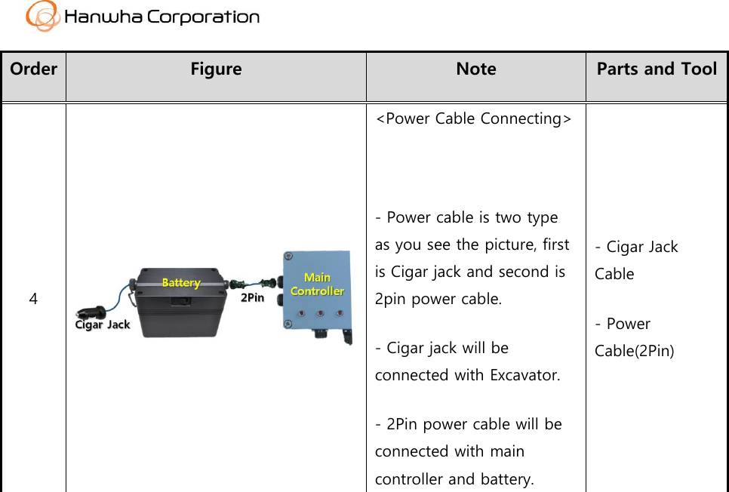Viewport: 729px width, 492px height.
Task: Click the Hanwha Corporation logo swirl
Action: click(x=42, y=16)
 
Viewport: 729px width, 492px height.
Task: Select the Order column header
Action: click(x=33, y=69)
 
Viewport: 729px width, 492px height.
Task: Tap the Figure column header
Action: click(x=216, y=69)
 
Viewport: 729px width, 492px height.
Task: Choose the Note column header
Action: click(x=476, y=69)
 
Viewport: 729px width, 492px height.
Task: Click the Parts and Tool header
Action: click(x=657, y=69)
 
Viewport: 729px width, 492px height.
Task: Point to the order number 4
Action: click(x=33, y=299)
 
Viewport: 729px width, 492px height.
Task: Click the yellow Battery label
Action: click(x=181, y=282)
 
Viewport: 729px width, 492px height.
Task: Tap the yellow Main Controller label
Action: click(x=317, y=284)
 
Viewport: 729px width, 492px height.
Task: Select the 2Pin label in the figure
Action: click(x=252, y=298)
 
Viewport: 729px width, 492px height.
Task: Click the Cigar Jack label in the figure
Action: click(x=103, y=324)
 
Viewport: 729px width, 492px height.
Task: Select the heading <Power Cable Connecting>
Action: click(x=473, y=118)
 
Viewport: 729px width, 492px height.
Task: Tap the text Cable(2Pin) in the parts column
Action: click(x=634, y=351)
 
